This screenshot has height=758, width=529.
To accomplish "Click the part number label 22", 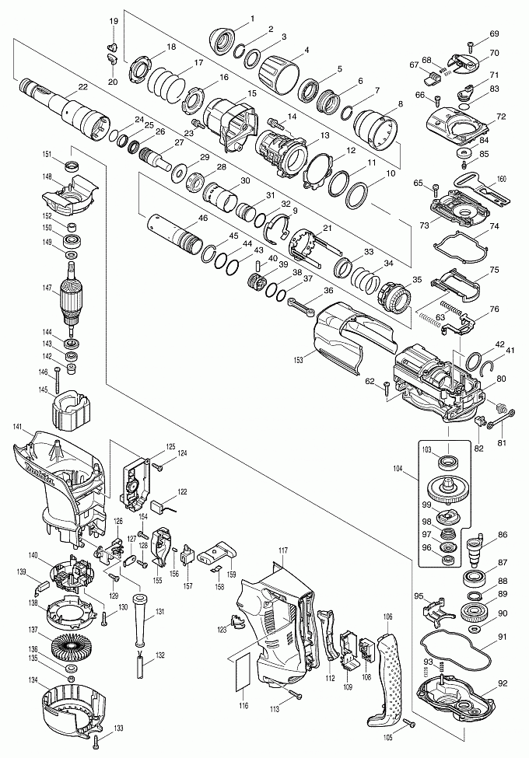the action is [x=83, y=87].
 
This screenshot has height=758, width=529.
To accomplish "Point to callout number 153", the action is [x=298, y=360].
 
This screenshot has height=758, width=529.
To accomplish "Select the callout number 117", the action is [x=283, y=550].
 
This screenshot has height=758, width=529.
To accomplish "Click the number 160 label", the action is [x=501, y=179].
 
